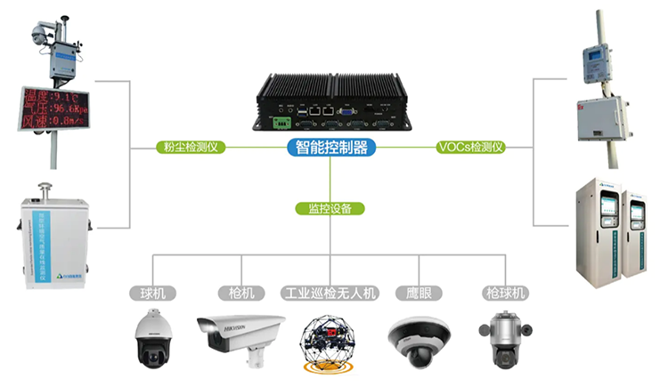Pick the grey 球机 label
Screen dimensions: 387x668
pyautogui.click(x=152, y=292)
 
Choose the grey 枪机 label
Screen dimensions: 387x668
pyautogui.click(x=240, y=292)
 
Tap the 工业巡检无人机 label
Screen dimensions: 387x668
pyautogui.click(x=330, y=292)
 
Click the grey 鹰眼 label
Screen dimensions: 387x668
pyautogui.click(x=419, y=292)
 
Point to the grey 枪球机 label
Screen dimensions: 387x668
pyautogui.click(x=505, y=292)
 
